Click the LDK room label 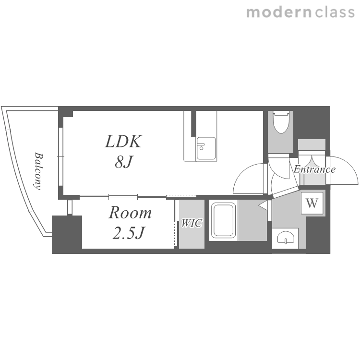click(x=123, y=142)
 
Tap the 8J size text click(x=124, y=162)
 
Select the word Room click(x=130, y=213)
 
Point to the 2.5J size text click(x=129, y=233)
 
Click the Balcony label click(x=38, y=171)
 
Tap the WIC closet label click(x=192, y=223)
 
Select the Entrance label click(x=314, y=169)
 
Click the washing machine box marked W click(x=312, y=203)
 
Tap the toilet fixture click(x=281, y=122)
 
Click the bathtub click(x=223, y=221)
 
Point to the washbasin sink click(x=285, y=238)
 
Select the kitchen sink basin click(x=206, y=148)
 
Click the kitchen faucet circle click(x=201, y=148)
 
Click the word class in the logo click(x=335, y=12)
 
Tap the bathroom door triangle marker click(x=263, y=205)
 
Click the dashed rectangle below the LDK click(x=181, y=196)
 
